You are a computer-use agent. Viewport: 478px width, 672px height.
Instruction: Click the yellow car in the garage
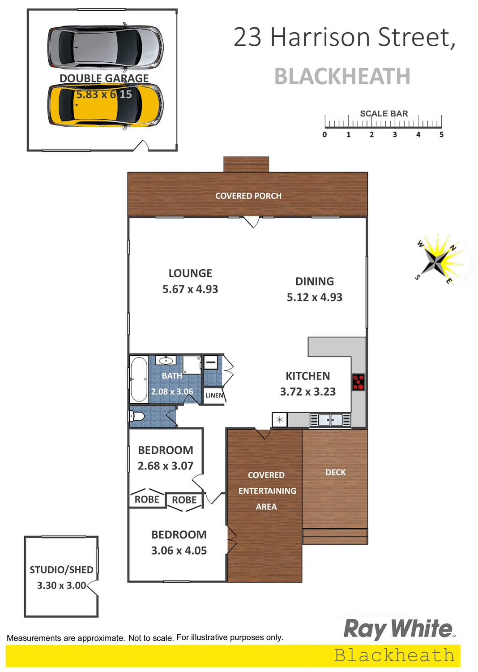[106, 105]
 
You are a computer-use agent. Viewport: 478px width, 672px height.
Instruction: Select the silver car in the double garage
[106, 47]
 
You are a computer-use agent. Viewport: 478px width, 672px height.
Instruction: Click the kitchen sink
[330, 420]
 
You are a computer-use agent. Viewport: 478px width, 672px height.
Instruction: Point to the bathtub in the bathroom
[139, 379]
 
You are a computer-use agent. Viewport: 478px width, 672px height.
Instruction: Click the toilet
[137, 416]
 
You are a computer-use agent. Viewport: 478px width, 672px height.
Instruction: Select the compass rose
[439, 258]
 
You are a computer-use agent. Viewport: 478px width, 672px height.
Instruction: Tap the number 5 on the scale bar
[441, 134]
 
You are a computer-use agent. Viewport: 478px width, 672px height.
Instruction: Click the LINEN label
[214, 396]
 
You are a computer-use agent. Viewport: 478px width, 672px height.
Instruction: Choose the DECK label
[335, 473]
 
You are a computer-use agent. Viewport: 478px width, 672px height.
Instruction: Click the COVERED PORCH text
[248, 196]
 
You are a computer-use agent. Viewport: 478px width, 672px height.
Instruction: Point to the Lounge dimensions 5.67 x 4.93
[190, 289]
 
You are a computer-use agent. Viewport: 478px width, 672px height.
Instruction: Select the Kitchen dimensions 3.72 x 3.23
[308, 392]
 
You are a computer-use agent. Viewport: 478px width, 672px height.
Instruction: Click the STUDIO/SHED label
[61, 570]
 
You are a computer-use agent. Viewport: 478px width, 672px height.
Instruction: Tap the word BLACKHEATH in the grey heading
[342, 76]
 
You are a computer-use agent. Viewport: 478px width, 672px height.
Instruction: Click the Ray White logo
[399, 629]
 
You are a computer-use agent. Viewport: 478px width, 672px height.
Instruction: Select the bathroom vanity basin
[166, 360]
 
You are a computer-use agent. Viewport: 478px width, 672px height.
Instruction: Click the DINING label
[315, 281]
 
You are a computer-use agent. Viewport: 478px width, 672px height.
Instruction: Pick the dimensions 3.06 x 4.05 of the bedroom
[179, 551]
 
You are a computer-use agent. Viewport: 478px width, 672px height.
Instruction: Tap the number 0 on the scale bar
[324, 134]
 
